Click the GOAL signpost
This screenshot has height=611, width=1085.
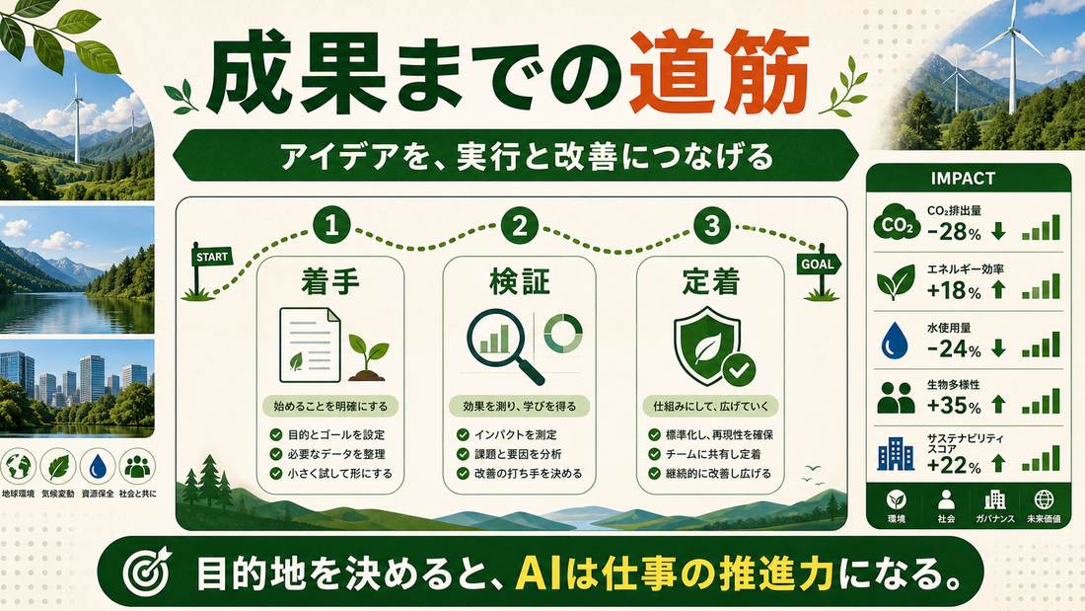820,270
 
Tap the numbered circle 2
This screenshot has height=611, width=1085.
521,226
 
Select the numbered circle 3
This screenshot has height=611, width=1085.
712,226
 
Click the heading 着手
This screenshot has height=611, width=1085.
330,282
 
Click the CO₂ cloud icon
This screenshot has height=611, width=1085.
896,222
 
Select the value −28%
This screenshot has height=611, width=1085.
954,231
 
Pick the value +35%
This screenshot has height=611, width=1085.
954,405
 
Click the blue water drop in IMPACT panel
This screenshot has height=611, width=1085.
895,341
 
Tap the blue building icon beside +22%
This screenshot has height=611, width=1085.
896,454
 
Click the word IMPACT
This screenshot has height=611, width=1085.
963,178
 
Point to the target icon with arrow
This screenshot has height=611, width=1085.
147,573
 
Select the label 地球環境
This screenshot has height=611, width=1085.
18,494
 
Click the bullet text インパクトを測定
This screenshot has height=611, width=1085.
516,434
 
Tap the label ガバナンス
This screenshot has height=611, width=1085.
995,519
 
